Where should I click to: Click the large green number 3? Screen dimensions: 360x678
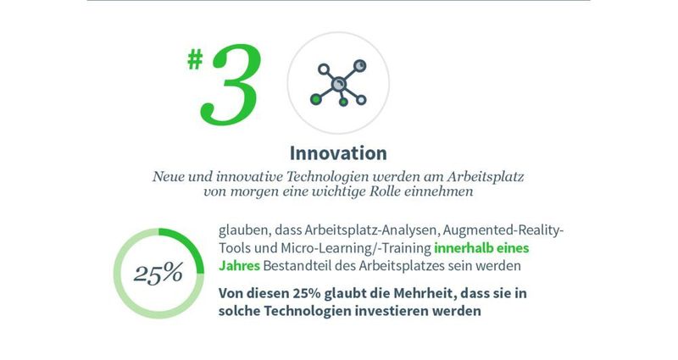pos(232,86)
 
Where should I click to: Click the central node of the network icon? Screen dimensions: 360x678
pos(337,83)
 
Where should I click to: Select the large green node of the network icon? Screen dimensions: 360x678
pos(315,100)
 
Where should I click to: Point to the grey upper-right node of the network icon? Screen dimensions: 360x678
pos(358,64)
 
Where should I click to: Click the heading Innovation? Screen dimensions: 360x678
pos(338,153)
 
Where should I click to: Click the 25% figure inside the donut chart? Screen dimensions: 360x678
pos(158,273)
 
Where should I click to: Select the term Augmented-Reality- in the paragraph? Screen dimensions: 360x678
pos(500,230)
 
